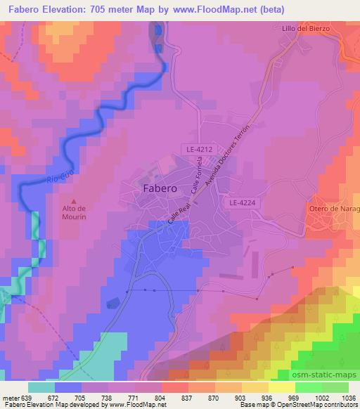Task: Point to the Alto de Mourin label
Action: tap(74, 213)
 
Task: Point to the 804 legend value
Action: tap(162, 397)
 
